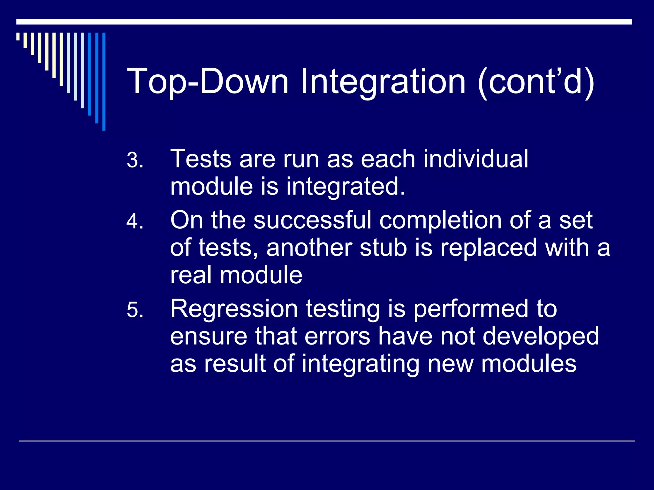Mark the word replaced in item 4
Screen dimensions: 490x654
(489, 248)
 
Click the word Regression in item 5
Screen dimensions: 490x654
(234, 309)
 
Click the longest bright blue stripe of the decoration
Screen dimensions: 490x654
(104, 82)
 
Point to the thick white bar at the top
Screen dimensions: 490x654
(324, 22)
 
